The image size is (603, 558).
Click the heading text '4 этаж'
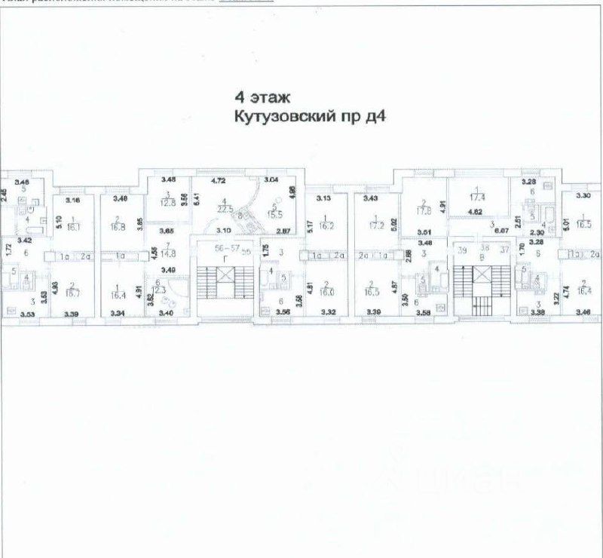coord(259,97)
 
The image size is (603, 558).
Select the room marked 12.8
coord(167,202)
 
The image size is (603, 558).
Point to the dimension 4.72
coord(218,181)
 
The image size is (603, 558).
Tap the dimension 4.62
coord(476,213)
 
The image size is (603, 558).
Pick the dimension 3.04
coord(270,181)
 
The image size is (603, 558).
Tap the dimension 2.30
coord(537,234)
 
